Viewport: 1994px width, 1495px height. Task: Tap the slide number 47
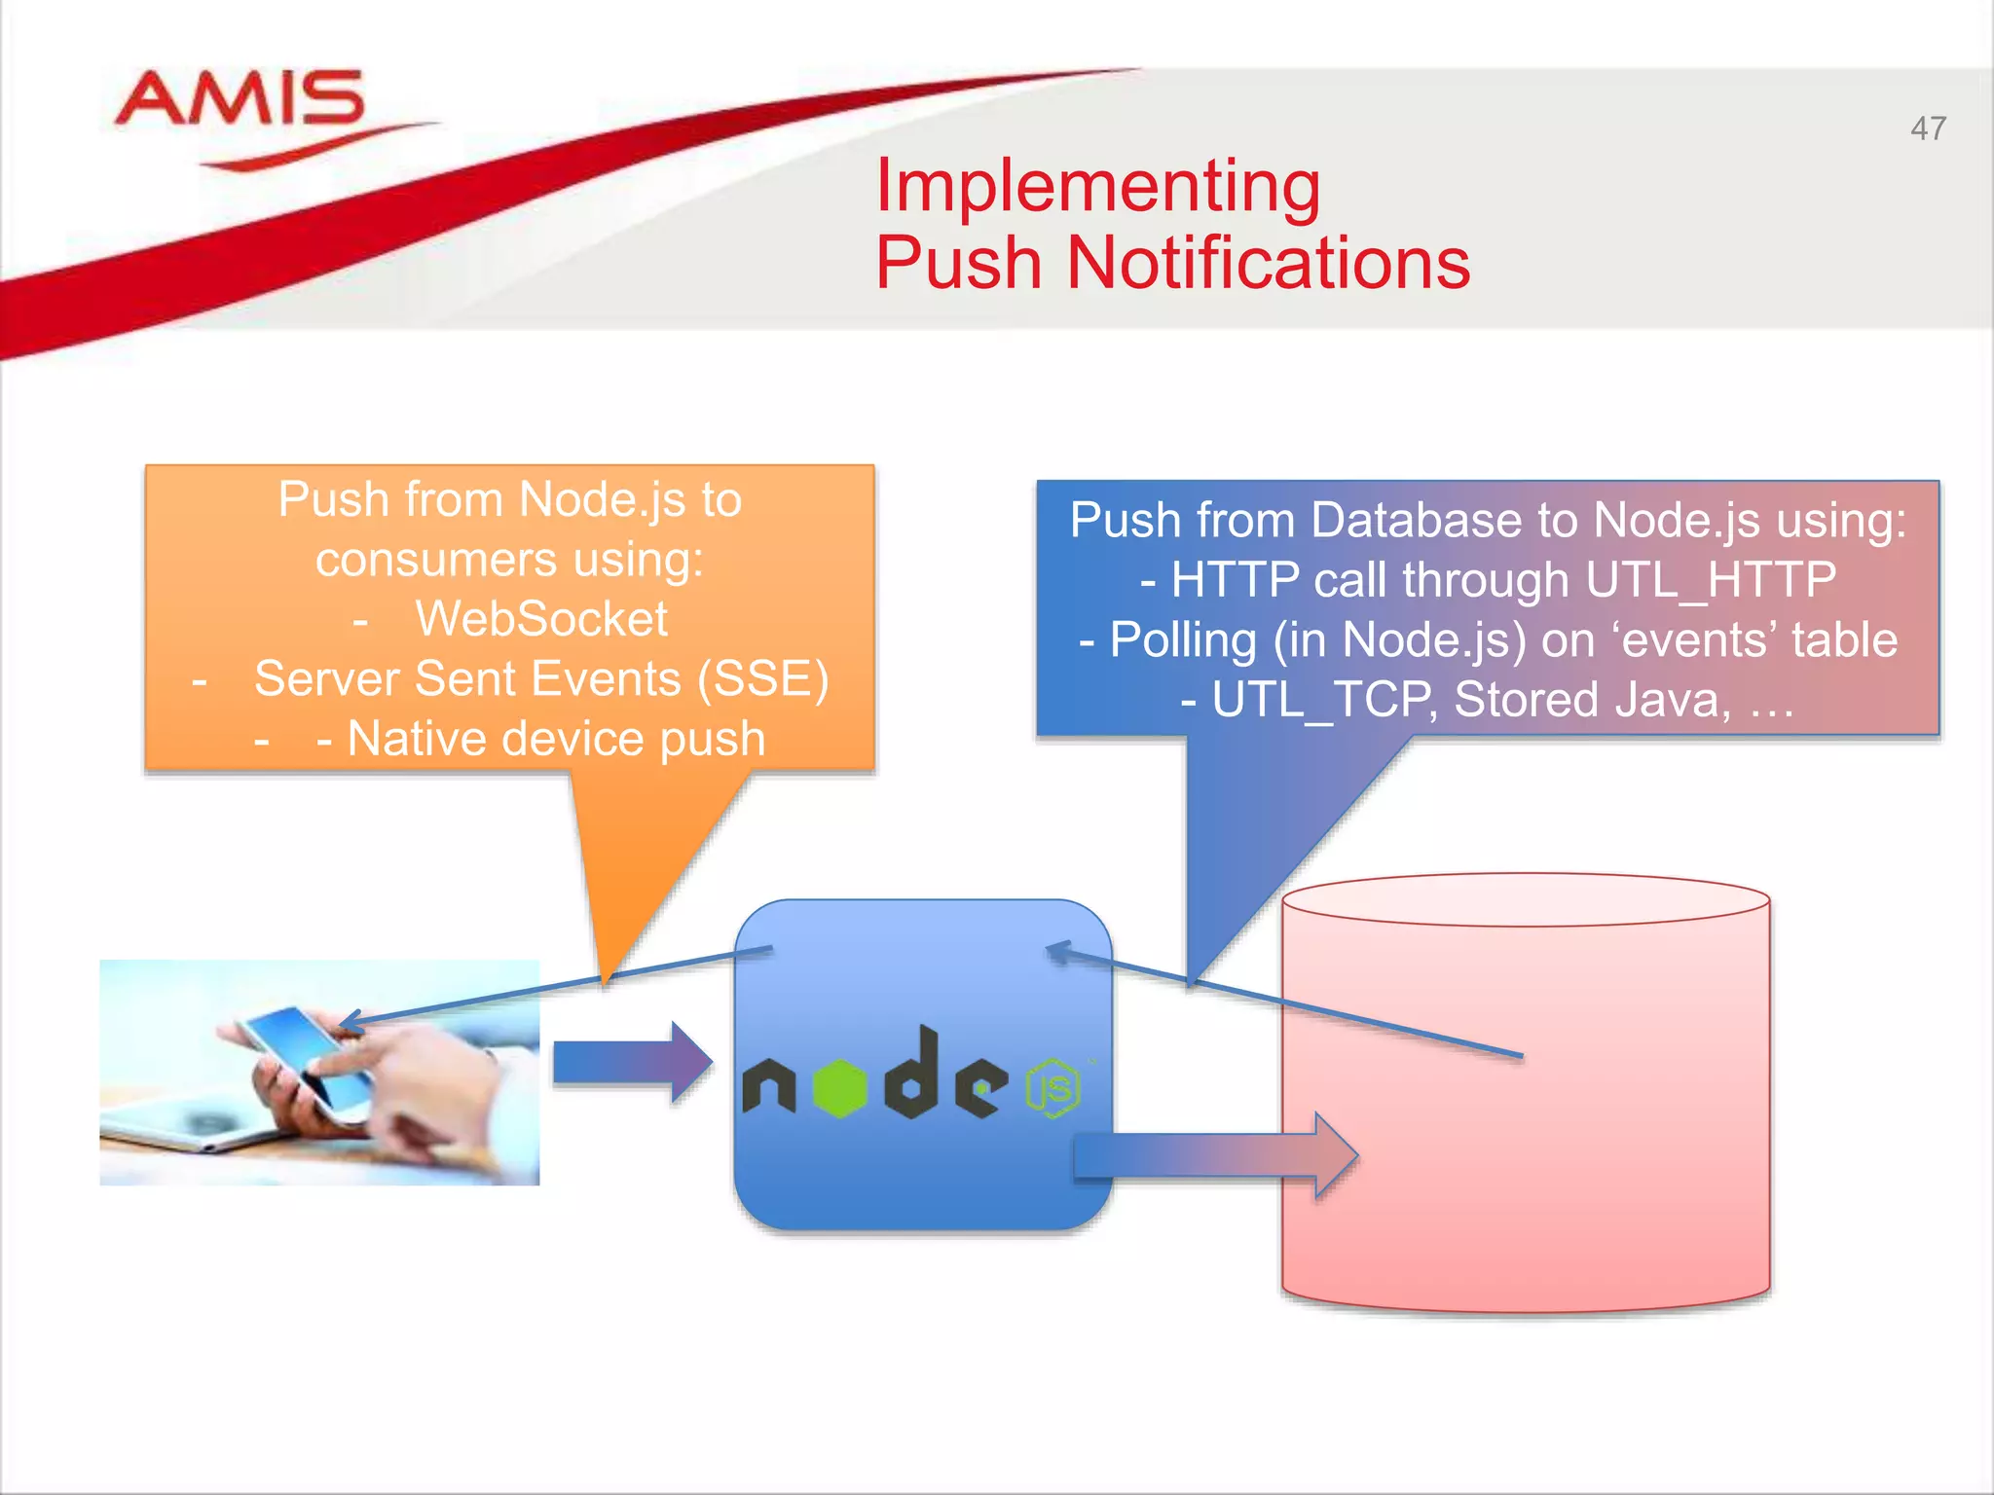click(x=1928, y=128)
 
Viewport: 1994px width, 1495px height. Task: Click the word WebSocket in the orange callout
click(x=541, y=619)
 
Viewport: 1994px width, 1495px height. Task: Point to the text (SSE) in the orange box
click(x=762, y=678)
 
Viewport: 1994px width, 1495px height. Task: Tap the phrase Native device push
click(x=556, y=739)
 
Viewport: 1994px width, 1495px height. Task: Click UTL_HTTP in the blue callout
click(x=1710, y=580)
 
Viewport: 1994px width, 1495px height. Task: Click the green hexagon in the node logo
click(x=839, y=1087)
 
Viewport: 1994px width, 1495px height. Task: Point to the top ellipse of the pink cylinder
click(x=1525, y=899)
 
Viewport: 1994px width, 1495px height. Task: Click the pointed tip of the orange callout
click(x=606, y=978)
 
